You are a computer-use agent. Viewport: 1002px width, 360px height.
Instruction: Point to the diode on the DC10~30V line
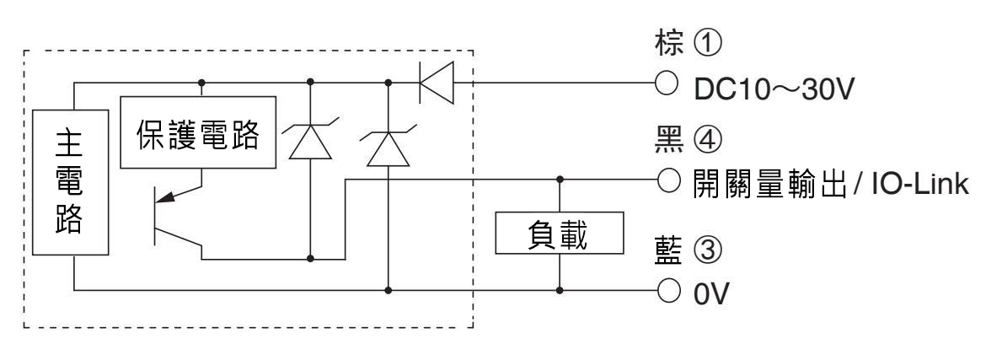coord(437,83)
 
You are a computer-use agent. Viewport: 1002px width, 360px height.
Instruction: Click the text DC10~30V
coord(774,89)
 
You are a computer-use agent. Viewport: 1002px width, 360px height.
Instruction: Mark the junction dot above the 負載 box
coord(560,180)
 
